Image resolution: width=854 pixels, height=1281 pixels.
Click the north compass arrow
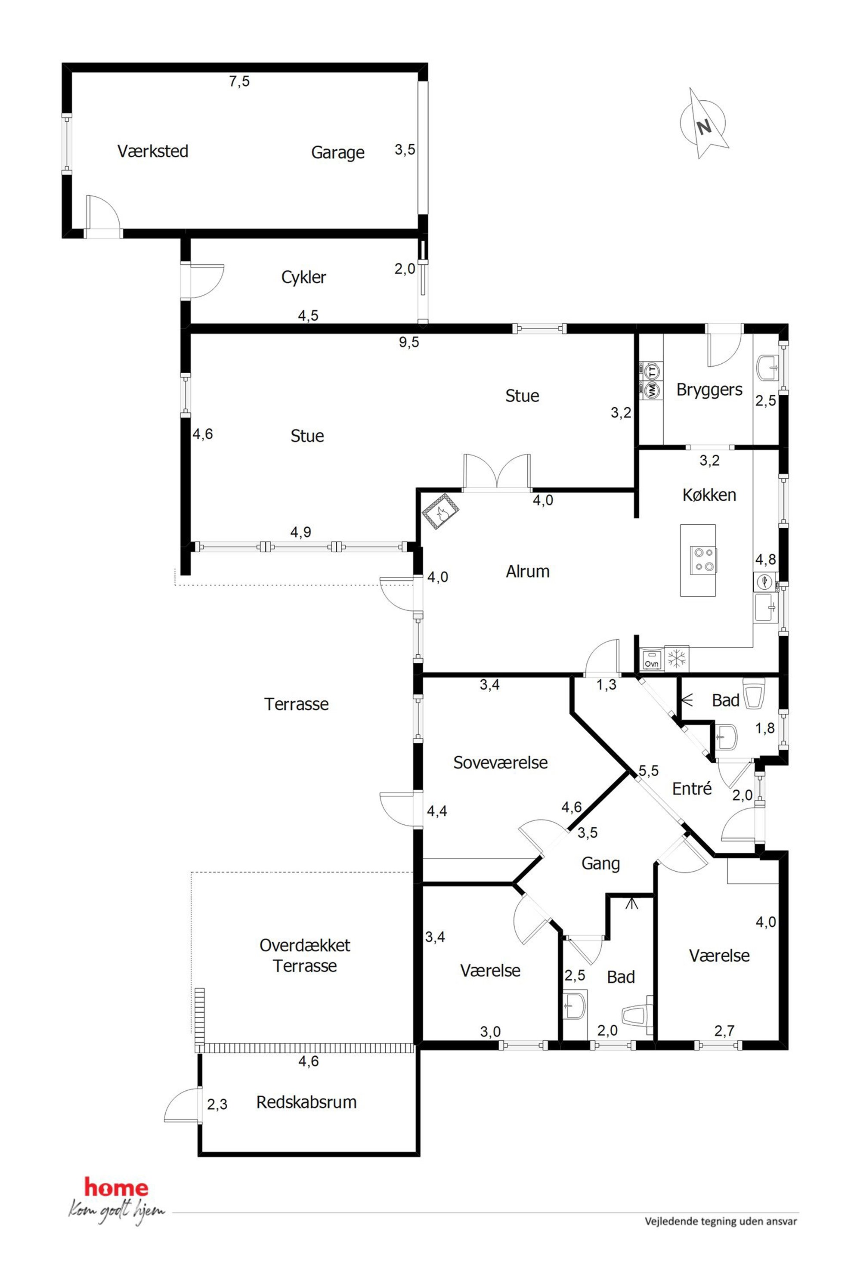click(x=704, y=124)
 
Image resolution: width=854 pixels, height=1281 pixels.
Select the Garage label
click(x=337, y=152)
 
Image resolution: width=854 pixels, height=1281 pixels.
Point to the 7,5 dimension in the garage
click(x=239, y=81)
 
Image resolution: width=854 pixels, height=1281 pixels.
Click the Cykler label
click(x=303, y=277)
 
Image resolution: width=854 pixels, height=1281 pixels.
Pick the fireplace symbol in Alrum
click(x=440, y=511)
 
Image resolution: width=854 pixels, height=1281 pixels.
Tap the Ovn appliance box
click(x=651, y=659)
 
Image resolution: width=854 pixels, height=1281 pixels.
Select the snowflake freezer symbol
click(x=677, y=659)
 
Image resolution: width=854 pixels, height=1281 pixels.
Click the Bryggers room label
click(x=709, y=390)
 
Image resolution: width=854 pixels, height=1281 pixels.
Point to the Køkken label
click(x=709, y=495)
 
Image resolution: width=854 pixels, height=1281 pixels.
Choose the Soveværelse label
click(x=501, y=762)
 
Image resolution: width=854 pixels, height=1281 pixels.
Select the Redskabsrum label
click(x=306, y=1102)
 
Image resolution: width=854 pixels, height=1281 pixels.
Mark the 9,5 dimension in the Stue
click(x=409, y=342)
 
